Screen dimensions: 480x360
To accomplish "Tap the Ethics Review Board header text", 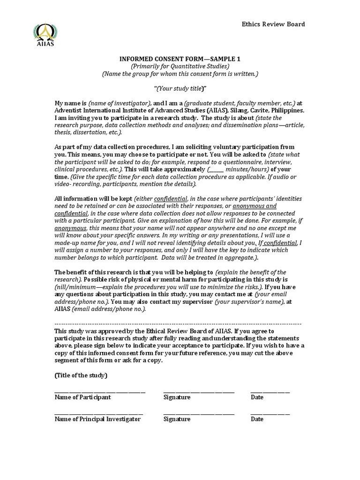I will click(273, 24).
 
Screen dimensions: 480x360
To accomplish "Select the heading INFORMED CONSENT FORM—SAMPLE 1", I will click(180, 59).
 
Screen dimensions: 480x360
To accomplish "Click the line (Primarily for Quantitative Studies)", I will click(180, 66).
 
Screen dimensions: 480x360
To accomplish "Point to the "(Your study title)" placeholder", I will click(180, 89).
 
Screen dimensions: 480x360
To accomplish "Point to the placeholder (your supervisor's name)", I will click(249, 302).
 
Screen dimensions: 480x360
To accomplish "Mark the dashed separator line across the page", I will click(178, 324).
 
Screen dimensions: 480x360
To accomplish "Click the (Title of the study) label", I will click(81, 375).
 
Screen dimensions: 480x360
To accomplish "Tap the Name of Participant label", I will click(82, 397).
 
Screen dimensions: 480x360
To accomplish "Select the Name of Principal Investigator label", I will click(97, 420).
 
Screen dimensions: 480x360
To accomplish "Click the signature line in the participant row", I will click(199, 391).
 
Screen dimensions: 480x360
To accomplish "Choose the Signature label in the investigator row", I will click(177, 420).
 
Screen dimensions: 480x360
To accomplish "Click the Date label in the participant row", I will click(257, 397).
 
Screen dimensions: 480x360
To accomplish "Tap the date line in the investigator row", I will click(270, 413).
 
